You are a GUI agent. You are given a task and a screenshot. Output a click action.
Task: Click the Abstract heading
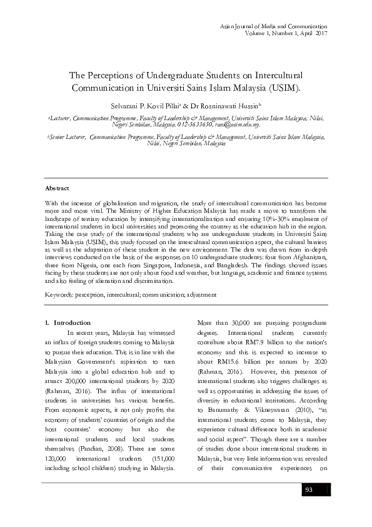(x=57, y=188)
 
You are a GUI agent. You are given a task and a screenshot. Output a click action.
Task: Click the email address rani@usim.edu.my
(x=233, y=125)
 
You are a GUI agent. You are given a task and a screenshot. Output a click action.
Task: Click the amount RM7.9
(x=253, y=361)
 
